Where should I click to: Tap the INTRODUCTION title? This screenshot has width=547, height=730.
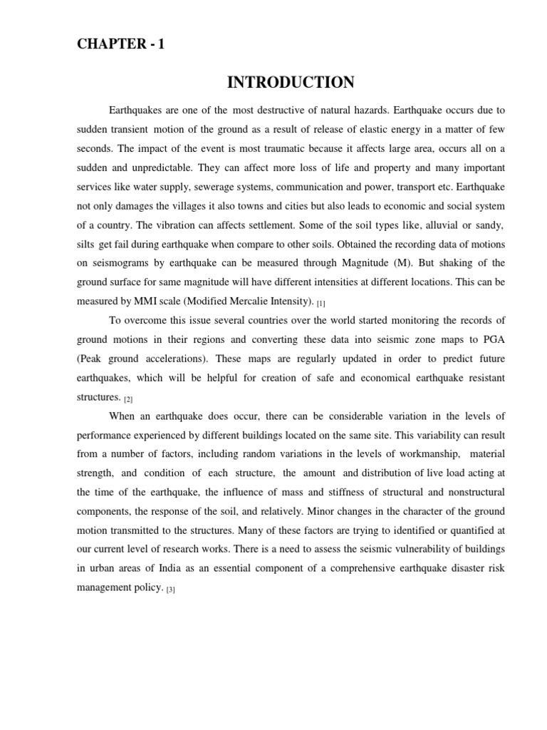coord(291,83)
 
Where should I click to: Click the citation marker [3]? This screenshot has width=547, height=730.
coord(170,590)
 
